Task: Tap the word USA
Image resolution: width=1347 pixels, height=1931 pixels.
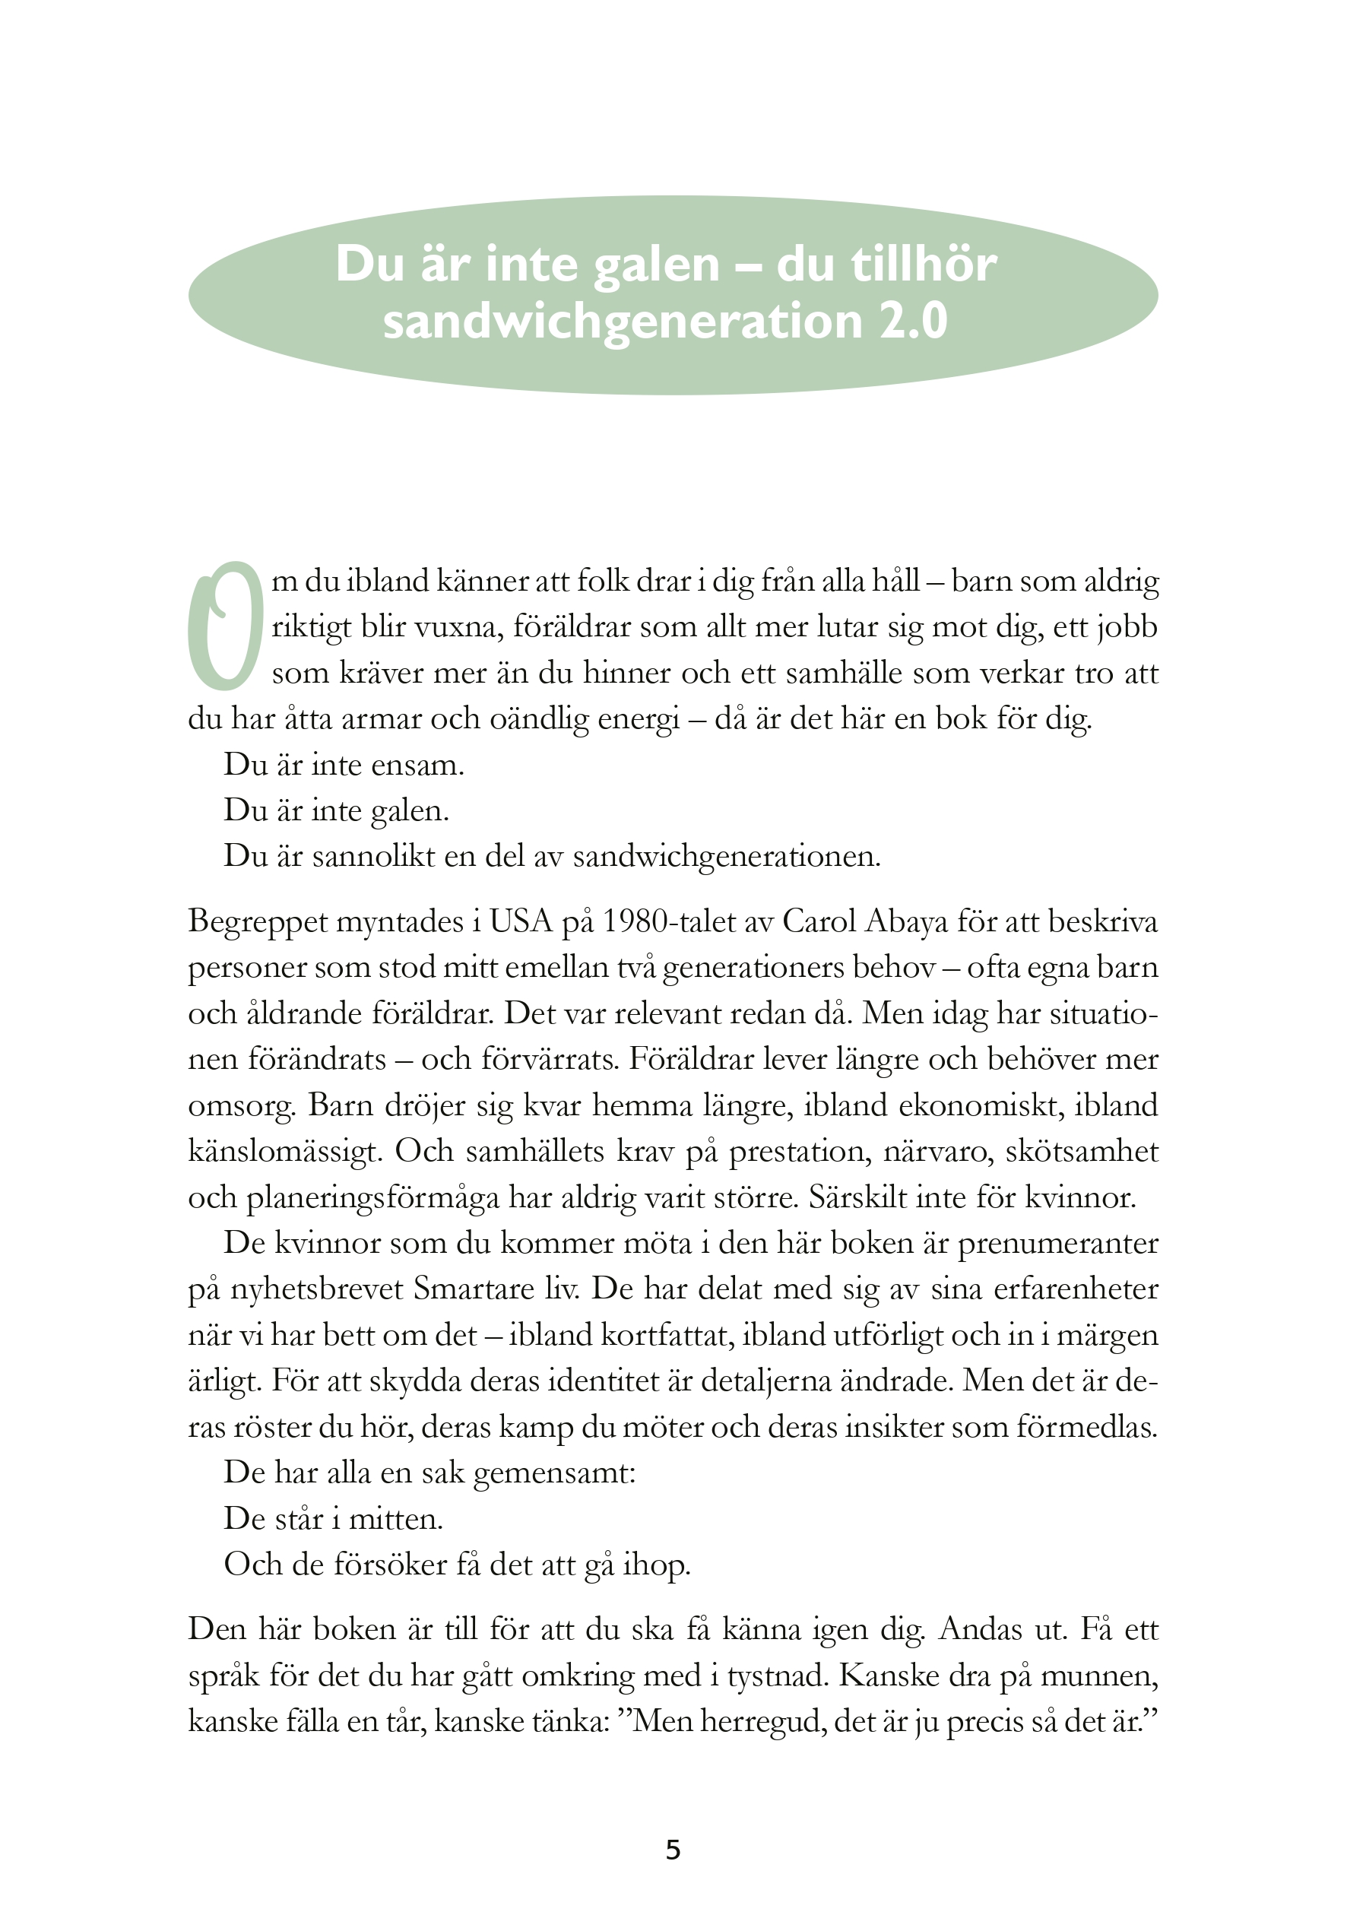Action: (x=521, y=921)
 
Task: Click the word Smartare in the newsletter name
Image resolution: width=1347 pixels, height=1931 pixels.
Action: (x=462, y=1289)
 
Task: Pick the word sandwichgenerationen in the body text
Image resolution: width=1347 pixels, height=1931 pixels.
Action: (x=727, y=856)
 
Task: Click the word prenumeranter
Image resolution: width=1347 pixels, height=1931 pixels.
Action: (x=1057, y=1243)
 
